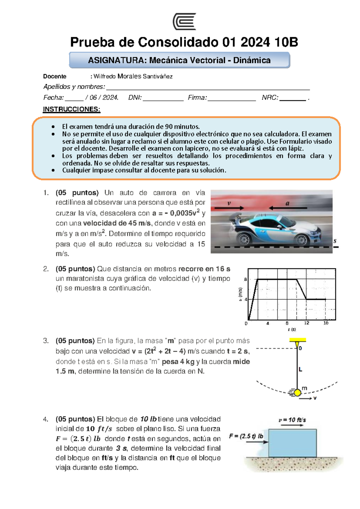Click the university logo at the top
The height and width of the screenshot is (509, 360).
[184, 21]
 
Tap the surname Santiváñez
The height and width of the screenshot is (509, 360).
[157, 76]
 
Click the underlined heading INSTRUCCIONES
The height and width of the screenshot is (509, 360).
[71, 109]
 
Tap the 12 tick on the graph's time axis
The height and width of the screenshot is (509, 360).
[307, 323]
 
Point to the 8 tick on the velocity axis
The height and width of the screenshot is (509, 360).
[245, 279]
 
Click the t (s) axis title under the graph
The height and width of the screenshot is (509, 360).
[292, 330]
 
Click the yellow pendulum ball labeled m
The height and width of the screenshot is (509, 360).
[297, 393]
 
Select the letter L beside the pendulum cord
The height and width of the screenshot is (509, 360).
[300, 369]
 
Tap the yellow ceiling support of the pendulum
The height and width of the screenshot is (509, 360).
[298, 340]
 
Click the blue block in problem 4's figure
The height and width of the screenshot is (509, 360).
[292, 443]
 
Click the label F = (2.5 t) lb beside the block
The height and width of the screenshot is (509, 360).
[246, 436]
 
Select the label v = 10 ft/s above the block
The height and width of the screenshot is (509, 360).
[292, 420]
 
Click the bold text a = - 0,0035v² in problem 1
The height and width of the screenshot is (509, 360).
[176, 213]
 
